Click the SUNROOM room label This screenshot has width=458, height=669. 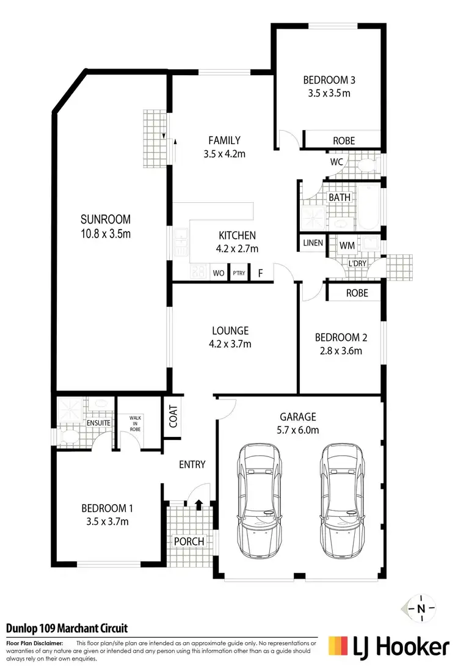tap(106, 219)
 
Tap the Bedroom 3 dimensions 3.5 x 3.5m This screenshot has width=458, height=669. tap(329, 93)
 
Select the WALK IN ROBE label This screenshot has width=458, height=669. tap(134, 423)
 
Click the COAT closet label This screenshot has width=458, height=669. tap(173, 418)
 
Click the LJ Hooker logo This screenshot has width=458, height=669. tap(390, 646)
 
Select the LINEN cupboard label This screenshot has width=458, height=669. tap(313, 243)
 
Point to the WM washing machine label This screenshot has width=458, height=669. tap(347, 245)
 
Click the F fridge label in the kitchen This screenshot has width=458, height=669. tap(260, 273)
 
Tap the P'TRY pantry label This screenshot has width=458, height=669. tap(238, 273)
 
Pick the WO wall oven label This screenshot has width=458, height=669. tap(217, 273)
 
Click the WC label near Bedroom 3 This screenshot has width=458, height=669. tap(336, 163)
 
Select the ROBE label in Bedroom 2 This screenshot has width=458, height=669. tap(357, 293)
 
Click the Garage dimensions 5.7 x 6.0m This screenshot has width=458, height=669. tap(298, 430)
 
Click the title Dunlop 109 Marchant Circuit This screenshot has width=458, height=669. tap(67, 629)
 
